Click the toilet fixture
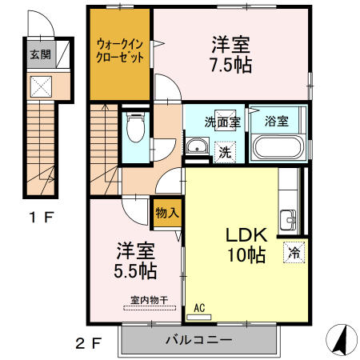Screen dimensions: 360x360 pos(136,127)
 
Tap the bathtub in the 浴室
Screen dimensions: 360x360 pos(278,147)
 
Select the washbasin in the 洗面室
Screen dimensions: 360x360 pos(198,146)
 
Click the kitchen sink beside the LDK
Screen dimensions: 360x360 pos(288,220)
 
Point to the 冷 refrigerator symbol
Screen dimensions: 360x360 pos(294,253)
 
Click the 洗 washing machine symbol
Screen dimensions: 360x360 pos(225,152)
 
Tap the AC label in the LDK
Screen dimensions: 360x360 pos(199,308)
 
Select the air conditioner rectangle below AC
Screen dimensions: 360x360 pos(199,317)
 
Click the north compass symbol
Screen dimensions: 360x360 pos(342,340)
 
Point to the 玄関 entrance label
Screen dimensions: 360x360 pos(40,54)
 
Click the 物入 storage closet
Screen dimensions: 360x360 pos(167,213)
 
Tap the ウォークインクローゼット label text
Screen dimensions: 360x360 pos(120,50)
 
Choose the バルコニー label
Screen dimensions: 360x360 pos(199,340)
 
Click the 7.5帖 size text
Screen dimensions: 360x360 pos(231,65)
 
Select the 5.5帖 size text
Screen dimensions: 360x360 pos(135,271)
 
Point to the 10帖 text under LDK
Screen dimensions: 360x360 pos(246,255)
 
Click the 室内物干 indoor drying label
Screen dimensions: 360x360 pos(150,300)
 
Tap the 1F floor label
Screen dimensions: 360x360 pos(42,217)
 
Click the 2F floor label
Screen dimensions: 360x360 pos(89,343)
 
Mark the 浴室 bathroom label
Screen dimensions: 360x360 pos(277,122)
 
